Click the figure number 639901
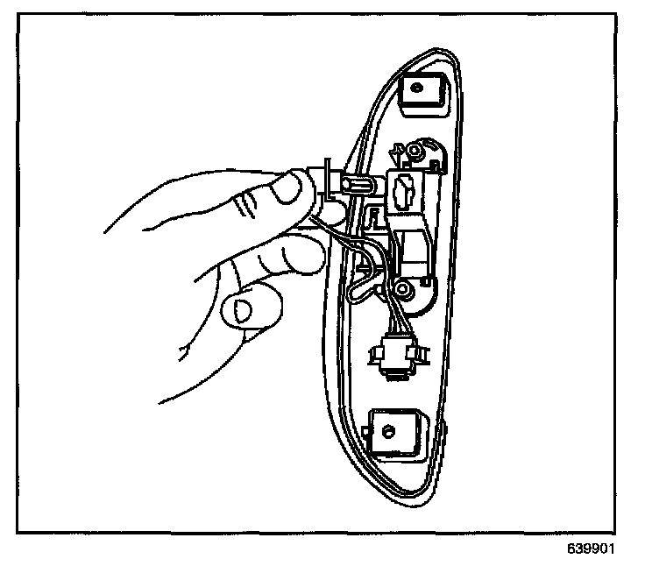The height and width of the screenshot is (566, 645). coord(592,550)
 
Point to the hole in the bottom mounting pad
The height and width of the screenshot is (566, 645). coord(389,429)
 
